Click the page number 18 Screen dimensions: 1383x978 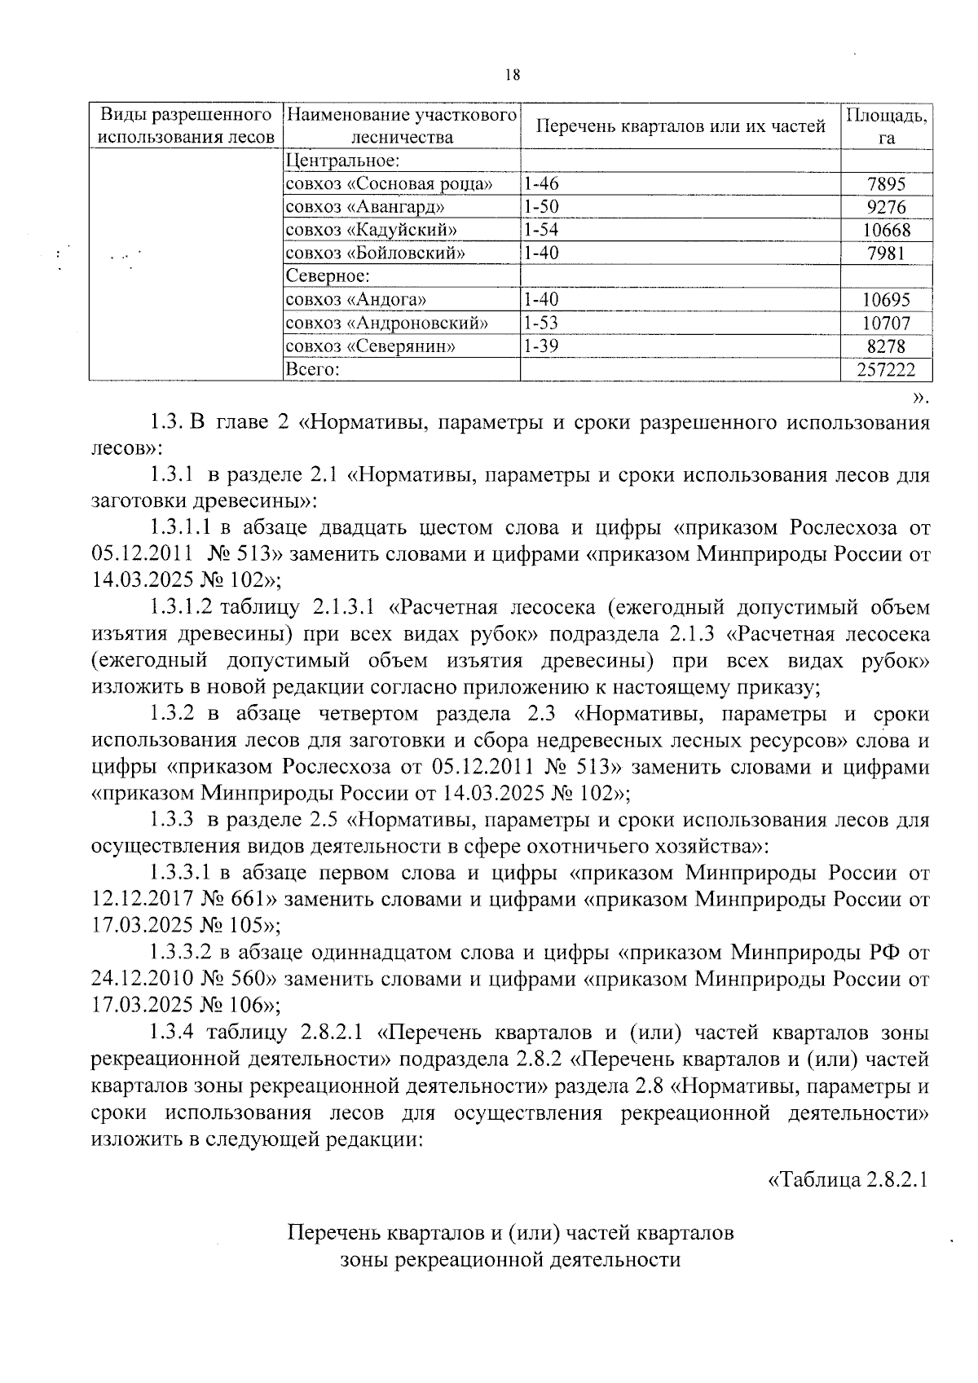pos(512,75)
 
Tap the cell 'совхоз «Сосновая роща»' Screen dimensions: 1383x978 pos(389,184)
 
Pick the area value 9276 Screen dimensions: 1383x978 pos(887,208)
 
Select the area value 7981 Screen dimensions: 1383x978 pos(887,253)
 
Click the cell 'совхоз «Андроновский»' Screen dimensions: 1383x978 pos(386,324)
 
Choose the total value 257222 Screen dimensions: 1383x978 pos(886,370)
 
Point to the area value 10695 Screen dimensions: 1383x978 pos(887,300)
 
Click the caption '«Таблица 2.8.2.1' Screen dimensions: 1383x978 pos(848,1180)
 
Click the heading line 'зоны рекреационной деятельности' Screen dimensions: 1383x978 pos(510,1259)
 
